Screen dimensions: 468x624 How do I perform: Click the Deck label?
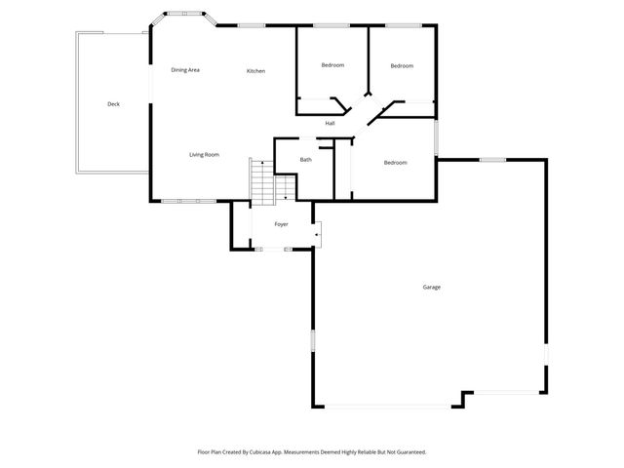point(113,104)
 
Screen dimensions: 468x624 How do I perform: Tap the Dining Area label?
point(185,70)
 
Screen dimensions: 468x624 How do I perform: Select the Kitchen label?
point(255,71)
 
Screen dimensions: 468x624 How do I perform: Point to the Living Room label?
point(204,155)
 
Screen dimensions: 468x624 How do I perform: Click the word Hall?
point(331,123)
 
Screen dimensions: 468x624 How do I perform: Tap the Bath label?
point(306,160)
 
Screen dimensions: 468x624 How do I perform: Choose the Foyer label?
point(281,224)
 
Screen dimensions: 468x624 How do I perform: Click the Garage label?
point(431,287)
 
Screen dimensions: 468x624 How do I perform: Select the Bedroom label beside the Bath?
point(395,162)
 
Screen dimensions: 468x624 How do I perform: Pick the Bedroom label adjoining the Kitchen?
point(332,65)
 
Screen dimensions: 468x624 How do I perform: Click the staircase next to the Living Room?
point(262,181)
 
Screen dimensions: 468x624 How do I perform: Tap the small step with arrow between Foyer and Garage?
point(317,232)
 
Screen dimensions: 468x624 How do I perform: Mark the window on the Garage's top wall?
point(492,159)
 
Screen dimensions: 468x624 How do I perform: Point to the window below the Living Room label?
point(182,202)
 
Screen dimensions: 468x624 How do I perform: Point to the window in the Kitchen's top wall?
point(252,25)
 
